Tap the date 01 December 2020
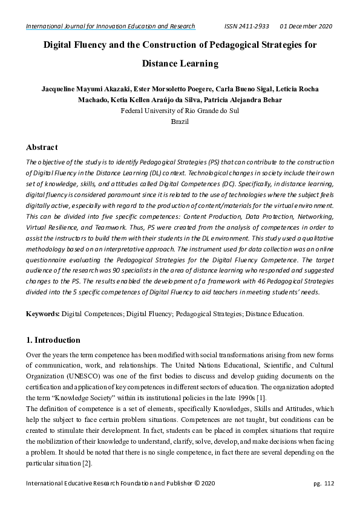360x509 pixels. click(x=306, y=27)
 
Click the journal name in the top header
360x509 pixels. click(x=110, y=27)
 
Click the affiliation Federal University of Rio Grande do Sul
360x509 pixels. click(x=180, y=111)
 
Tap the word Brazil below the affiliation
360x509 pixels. click(x=180, y=122)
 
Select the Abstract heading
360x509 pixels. click(x=42, y=147)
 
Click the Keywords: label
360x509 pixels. click(x=43, y=314)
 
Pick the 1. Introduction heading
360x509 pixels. click(x=53, y=340)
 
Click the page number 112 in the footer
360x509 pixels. click(x=329, y=483)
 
